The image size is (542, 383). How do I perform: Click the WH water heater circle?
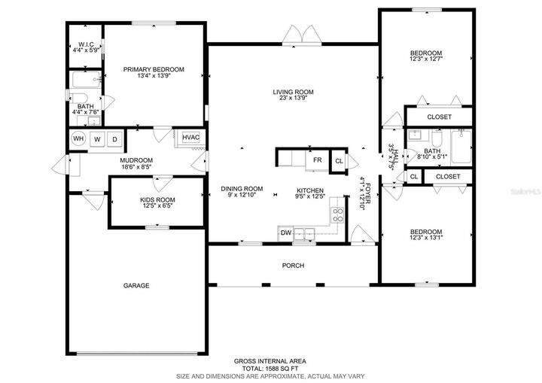point(78,139)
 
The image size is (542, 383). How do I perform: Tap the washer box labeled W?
point(97,139)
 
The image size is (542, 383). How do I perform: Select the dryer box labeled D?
point(115,139)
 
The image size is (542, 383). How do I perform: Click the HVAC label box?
point(190,137)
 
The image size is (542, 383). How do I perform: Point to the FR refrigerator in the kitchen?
point(317,160)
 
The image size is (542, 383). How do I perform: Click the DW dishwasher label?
point(286,233)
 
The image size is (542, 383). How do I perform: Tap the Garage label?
point(136,286)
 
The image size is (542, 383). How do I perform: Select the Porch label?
point(293,266)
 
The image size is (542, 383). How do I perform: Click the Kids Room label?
point(157,200)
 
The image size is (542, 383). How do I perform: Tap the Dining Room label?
point(241,189)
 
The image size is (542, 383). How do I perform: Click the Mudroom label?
point(136,160)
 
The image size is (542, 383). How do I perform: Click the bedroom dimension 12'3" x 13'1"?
point(425,239)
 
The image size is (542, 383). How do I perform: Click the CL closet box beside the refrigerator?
point(339,161)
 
